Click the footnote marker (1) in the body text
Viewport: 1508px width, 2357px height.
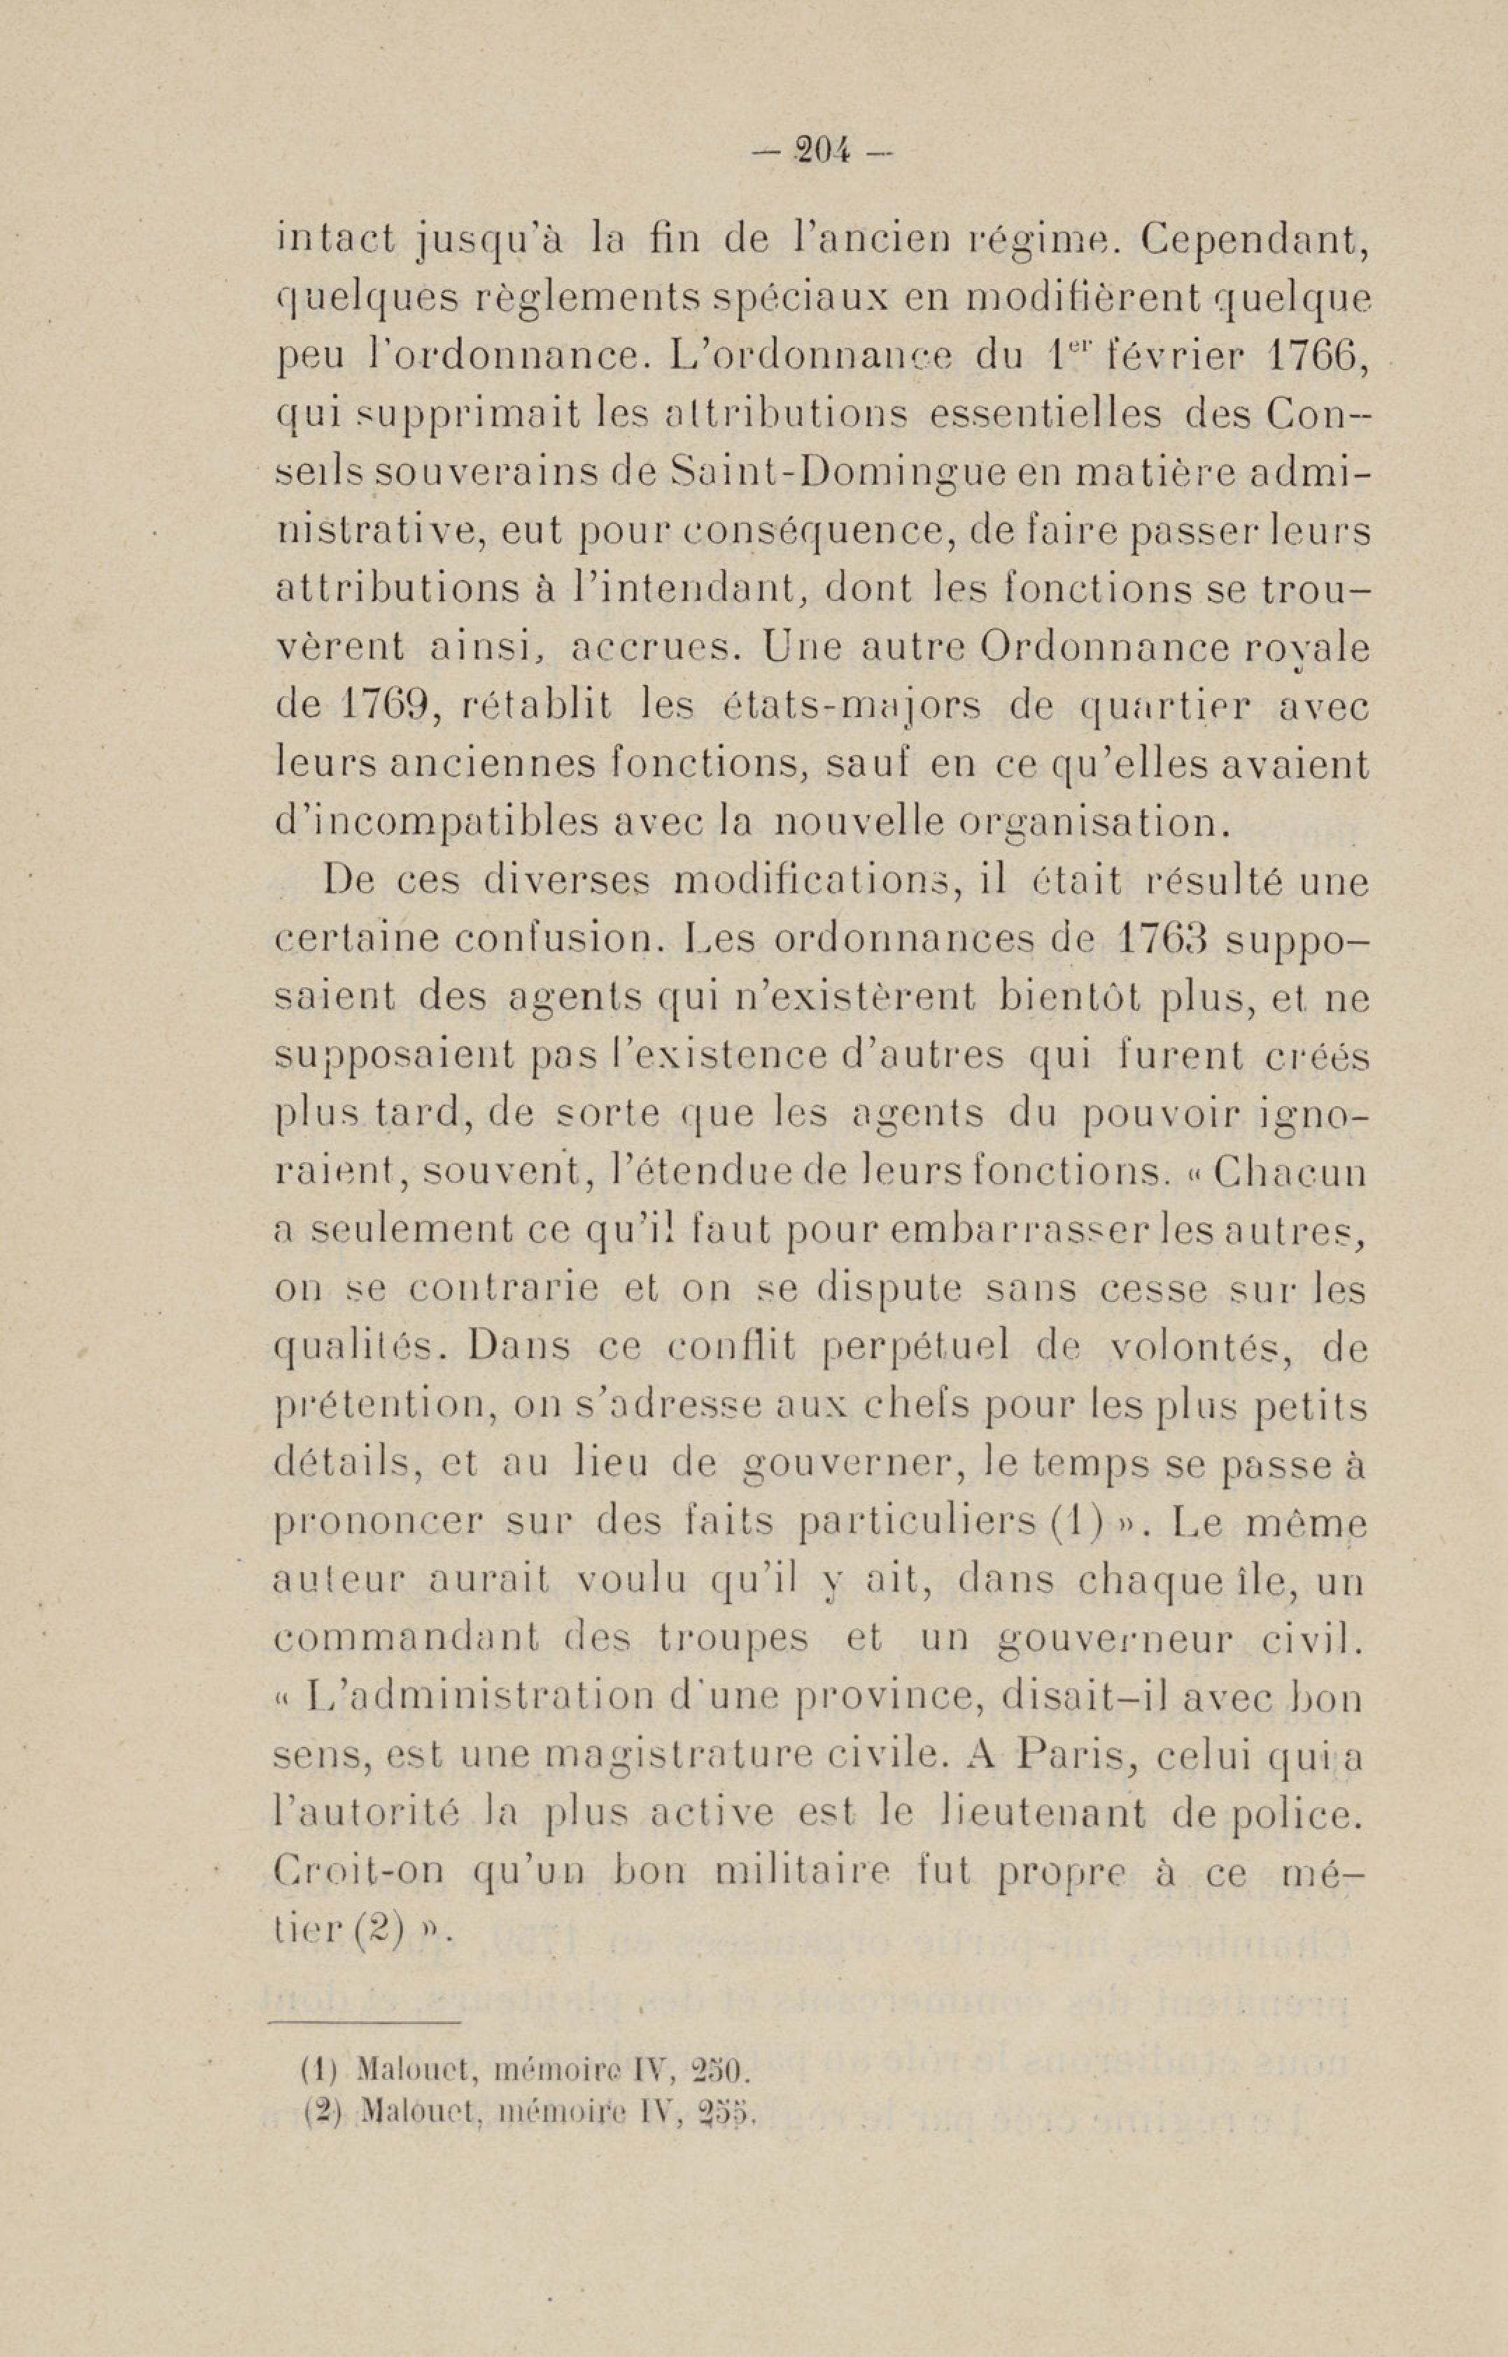point(1101,1523)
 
